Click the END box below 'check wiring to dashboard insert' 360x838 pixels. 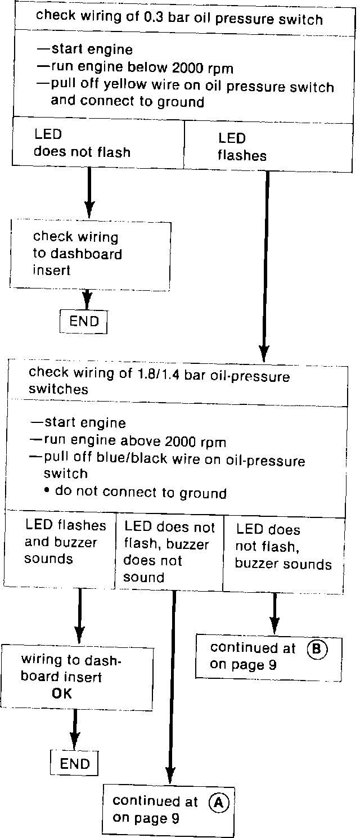pyautogui.click(x=83, y=322)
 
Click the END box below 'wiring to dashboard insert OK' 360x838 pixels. pyautogui.click(x=74, y=763)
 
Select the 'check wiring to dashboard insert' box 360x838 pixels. pyautogui.click(x=91, y=253)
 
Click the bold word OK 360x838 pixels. pyautogui.click(x=62, y=693)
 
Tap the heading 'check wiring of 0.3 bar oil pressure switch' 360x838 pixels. pyautogui.click(x=179, y=19)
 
